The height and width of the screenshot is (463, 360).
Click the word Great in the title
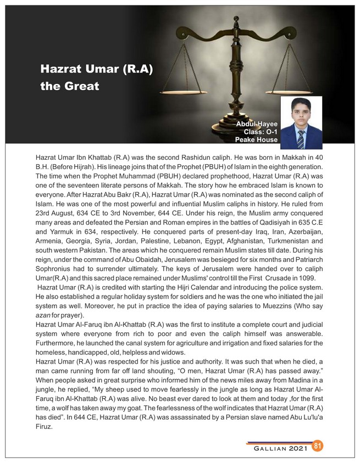[82, 86]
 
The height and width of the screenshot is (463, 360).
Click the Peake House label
[256, 140]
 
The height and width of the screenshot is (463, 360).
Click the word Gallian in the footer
[269, 448]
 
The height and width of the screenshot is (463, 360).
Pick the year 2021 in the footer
[297, 448]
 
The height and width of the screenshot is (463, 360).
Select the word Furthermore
[58, 342]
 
